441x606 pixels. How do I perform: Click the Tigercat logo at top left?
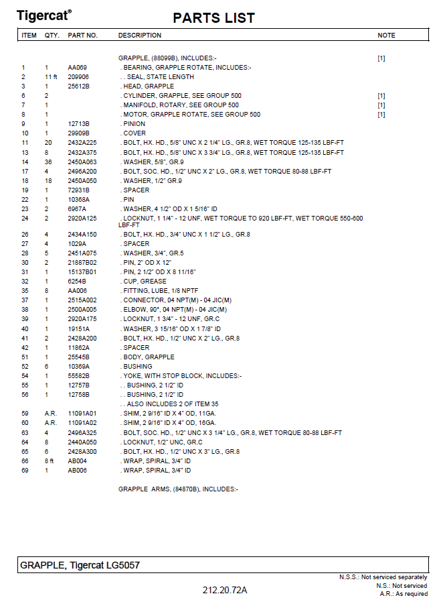(x=44, y=15)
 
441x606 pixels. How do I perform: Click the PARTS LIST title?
(x=213, y=18)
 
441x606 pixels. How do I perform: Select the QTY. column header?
(x=52, y=36)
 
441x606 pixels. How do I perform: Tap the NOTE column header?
(x=386, y=36)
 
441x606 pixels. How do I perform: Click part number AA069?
(x=77, y=68)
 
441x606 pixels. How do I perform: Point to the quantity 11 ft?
(x=52, y=77)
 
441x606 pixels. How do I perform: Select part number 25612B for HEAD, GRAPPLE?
(x=78, y=86)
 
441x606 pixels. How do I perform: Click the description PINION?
(x=134, y=124)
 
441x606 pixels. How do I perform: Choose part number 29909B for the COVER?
(x=78, y=133)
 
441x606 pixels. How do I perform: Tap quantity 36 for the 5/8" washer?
(x=47, y=162)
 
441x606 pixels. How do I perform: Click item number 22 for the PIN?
(x=25, y=200)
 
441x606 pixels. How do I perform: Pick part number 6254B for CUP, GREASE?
(x=77, y=282)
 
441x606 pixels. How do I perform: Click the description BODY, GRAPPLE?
(x=149, y=357)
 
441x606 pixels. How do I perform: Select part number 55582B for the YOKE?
(x=78, y=376)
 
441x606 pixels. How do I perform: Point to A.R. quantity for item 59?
(x=50, y=414)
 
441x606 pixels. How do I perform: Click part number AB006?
(x=77, y=471)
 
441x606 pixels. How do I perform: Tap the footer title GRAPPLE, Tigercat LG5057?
(x=80, y=566)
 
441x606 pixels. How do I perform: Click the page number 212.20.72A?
(x=225, y=590)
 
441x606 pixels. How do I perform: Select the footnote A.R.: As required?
(x=403, y=594)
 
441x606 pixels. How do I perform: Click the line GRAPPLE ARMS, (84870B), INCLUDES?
(x=178, y=489)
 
